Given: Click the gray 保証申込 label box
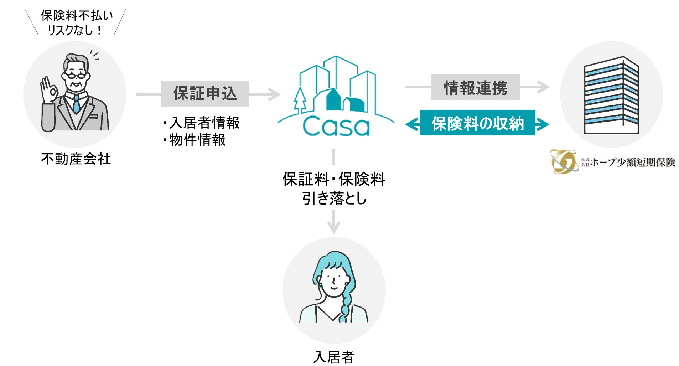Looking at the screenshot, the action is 205,93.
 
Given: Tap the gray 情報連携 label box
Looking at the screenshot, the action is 475,87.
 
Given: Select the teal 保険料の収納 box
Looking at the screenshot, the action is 477,123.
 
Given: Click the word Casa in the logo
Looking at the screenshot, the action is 336,127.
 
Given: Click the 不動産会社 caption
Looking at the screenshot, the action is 76,159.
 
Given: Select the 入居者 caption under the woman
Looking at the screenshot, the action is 334,357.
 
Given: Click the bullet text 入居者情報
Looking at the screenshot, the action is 204,123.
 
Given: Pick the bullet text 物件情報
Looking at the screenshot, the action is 197,140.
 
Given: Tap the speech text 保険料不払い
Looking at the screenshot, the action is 77,15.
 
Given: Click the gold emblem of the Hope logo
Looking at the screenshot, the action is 564,161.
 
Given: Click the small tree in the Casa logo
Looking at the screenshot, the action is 300,100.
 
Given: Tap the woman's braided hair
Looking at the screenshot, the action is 346,306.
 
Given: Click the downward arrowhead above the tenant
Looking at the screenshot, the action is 333,228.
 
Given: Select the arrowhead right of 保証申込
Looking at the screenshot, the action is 275,94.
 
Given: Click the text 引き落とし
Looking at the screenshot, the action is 334,198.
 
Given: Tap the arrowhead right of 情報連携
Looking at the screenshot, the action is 543,87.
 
